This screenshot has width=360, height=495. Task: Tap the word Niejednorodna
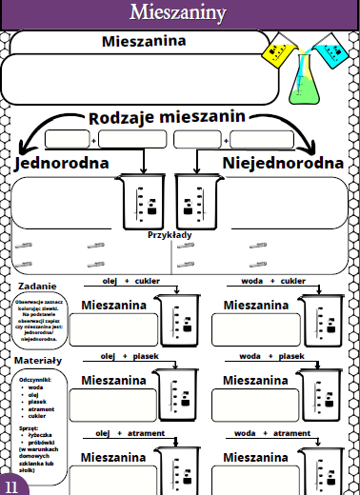[283, 163]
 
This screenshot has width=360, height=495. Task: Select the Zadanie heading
[37, 286]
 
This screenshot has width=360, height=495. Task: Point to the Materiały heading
[39, 361]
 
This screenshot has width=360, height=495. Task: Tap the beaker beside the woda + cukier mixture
[317, 319]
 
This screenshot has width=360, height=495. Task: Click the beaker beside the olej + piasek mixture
[176, 392]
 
